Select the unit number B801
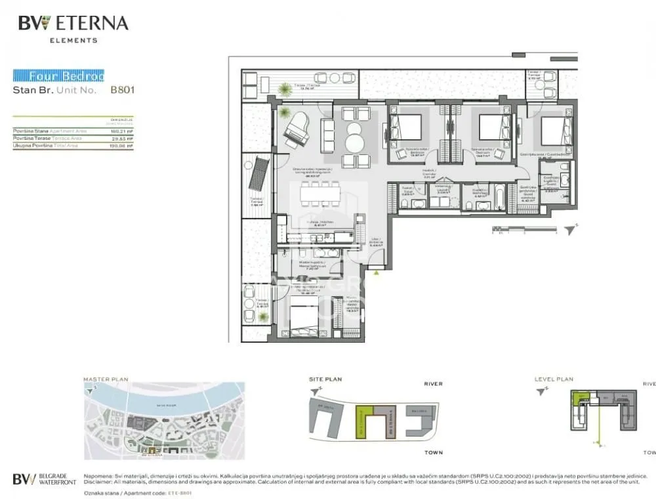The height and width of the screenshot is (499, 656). [x=122, y=90]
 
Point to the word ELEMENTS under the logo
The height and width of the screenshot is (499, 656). [x=73, y=40]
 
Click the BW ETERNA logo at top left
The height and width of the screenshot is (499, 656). [x=73, y=24]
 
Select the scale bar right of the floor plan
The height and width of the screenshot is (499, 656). [x=525, y=229]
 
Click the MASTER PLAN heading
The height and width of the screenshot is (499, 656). [x=106, y=380]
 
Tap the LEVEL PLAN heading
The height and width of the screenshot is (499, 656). [x=555, y=380]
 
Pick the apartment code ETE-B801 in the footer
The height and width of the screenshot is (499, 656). [x=180, y=492]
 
